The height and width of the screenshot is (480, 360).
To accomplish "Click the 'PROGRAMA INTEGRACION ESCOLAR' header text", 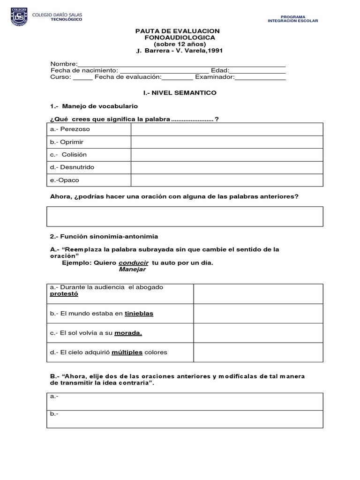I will [x=292, y=19].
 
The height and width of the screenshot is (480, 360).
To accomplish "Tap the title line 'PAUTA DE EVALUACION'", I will [x=177, y=31].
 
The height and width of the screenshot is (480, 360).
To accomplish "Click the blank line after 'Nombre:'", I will [x=181, y=64].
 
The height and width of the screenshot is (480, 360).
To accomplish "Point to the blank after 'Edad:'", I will [x=257, y=71].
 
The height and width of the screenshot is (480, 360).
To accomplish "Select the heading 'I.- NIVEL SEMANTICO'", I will [x=180, y=93].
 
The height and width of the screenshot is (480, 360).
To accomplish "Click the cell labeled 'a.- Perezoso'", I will [x=89, y=129].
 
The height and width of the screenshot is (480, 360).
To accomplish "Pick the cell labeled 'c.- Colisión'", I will [x=89, y=154].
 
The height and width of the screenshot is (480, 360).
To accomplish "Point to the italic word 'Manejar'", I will [x=132, y=270].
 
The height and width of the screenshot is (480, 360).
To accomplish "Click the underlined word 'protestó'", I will [x=64, y=294].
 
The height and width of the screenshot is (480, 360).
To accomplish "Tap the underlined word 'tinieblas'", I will [x=139, y=314].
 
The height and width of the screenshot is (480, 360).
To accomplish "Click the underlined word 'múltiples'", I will [x=127, y=352].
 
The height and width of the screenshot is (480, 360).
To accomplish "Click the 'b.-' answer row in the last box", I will [x=185, y=419].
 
